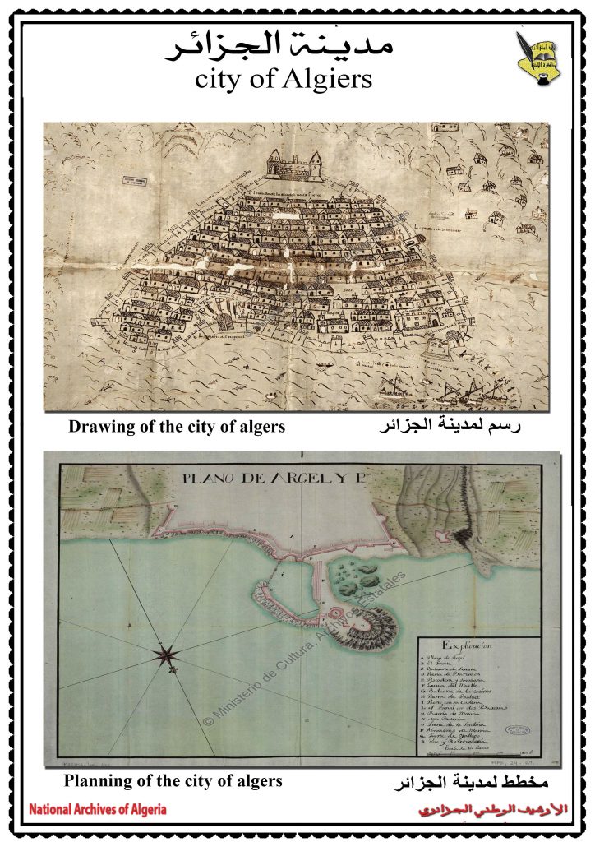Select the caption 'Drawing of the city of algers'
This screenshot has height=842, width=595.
[177, 427]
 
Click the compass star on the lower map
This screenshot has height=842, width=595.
[167, 655]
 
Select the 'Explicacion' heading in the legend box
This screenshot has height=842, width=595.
[467, 645]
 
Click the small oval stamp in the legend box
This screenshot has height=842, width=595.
[517, 729]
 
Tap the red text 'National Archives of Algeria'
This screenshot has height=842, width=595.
[97, 809]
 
